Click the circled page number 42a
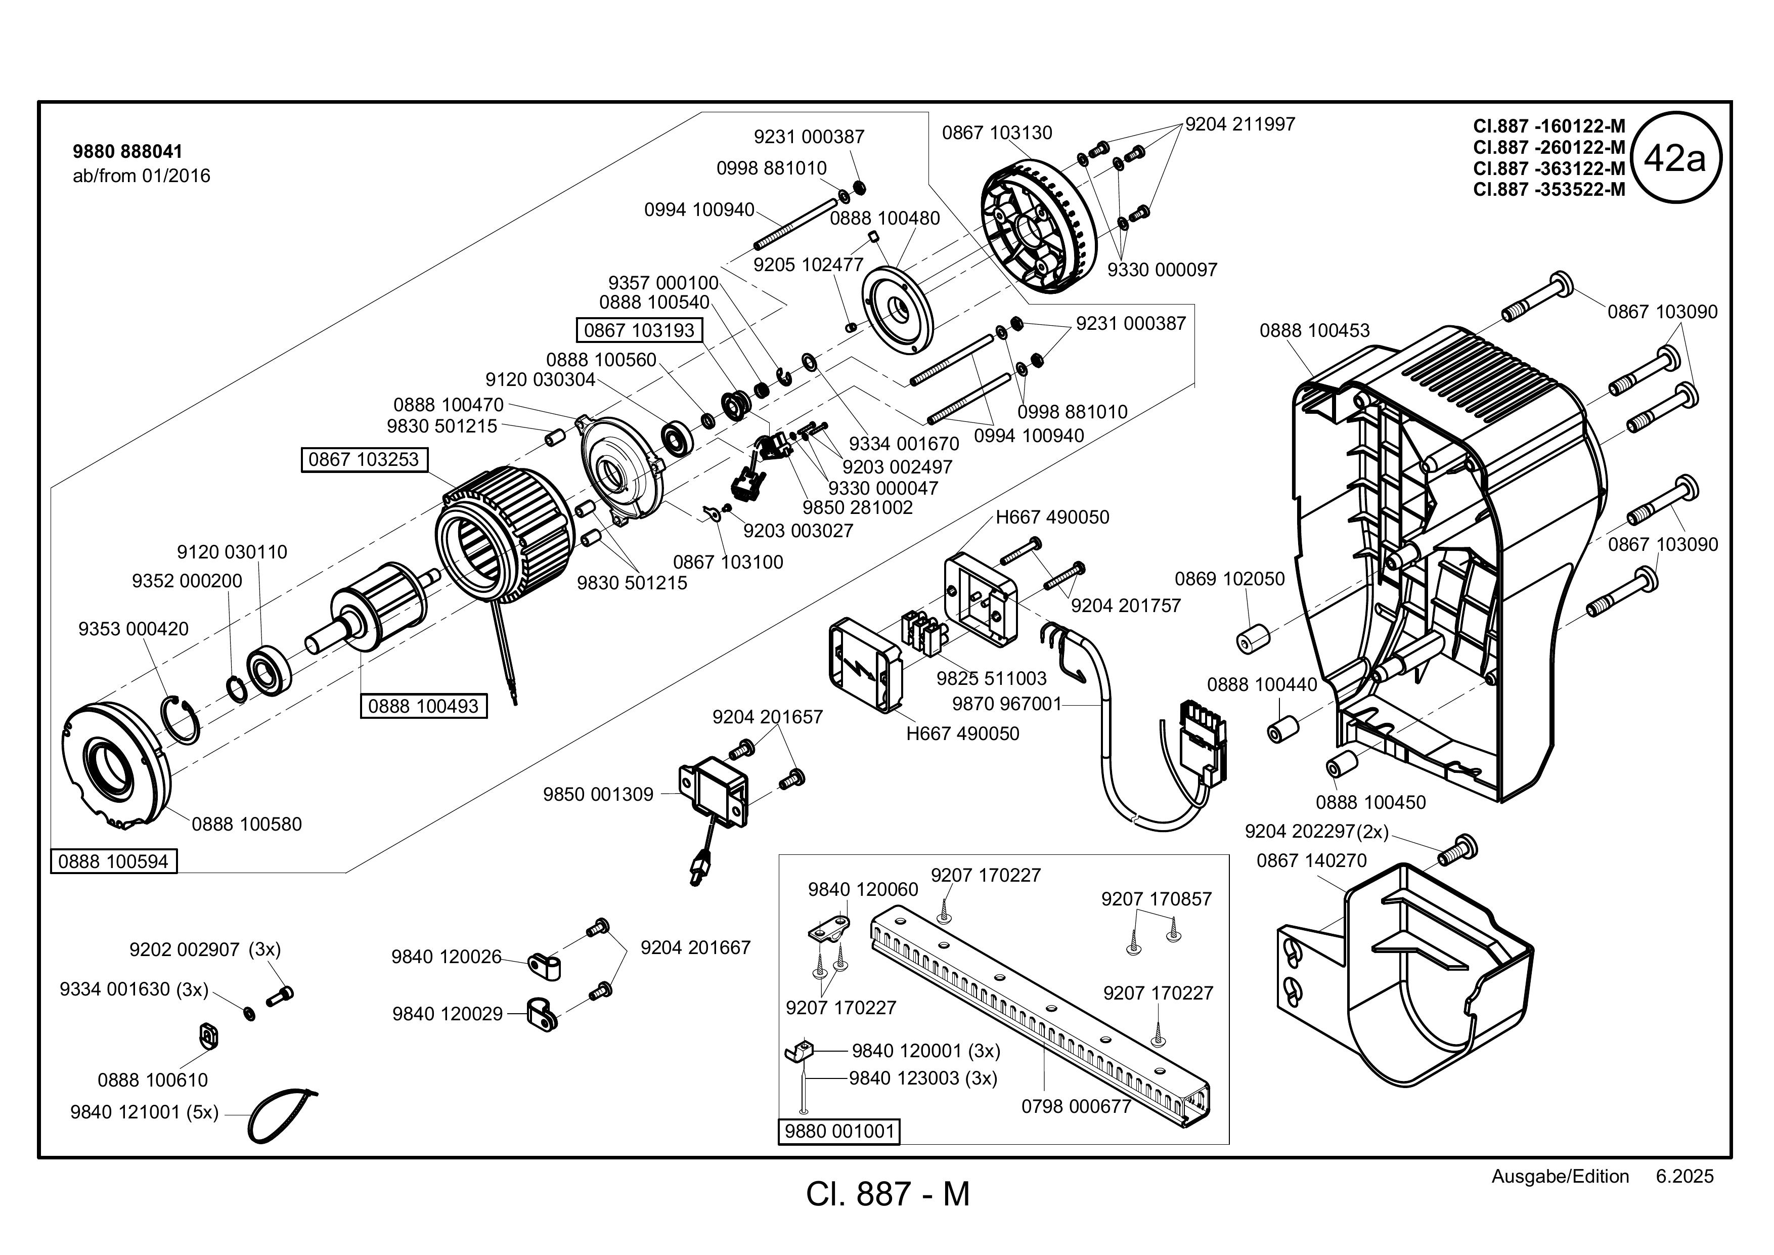click(1674, 158)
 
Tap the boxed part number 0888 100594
click(114, 861)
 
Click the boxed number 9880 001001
click(839, 1132)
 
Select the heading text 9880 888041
click(127, 151)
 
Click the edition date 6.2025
click(1684, 1176)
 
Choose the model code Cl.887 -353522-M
click(1549, 189)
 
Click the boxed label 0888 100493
click(423, 706)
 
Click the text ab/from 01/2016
click(142, 176)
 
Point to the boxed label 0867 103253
click(363, 459)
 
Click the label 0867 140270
click(1312, 860)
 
